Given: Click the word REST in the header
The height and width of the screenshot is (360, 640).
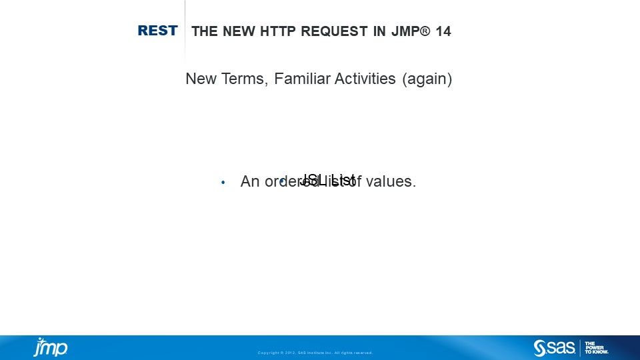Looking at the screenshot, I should pyautogui.click(x=157, y=31).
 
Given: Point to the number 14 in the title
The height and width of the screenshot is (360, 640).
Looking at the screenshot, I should pyautogui.click(x=443, y=31).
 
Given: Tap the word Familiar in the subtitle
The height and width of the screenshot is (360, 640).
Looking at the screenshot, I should pyautogui.click(x=301, y=79).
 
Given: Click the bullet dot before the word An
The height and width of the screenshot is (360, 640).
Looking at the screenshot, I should pyautogui.click(x=223, y=182).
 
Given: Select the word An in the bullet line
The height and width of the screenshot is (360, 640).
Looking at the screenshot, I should pyautogui.click(x=249, y=181).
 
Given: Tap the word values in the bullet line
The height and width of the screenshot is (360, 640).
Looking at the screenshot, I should pyautogui.click(x=395, y=181).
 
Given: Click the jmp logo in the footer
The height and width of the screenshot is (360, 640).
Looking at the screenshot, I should pyautogui.click(x=51, y=347).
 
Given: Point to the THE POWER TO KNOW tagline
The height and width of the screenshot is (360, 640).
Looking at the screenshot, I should pyautogui.click(x=596, y=347).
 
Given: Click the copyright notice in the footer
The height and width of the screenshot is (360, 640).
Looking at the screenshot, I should pyautogui.click(x=315, y=353).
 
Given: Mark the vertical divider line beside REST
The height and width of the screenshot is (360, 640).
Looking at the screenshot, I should pyautogui.click(x=185, y=31).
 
